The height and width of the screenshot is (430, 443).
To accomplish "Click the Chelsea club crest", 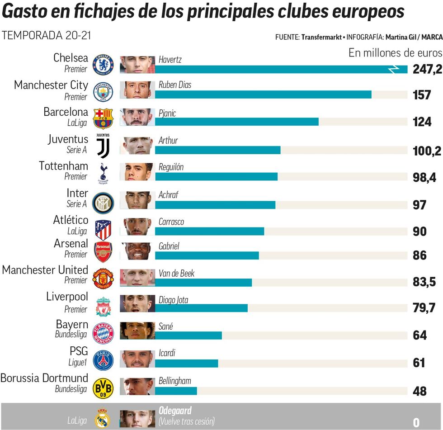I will click(103, 65).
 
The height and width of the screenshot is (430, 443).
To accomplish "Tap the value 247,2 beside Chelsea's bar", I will click(427, 70).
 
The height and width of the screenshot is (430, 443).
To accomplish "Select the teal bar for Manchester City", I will click(263, 95).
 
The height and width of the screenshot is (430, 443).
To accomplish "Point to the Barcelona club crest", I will click(103, 118).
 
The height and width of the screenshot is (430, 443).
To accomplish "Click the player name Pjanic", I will click(167, 113).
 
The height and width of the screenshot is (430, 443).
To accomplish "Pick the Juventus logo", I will click(103, 145).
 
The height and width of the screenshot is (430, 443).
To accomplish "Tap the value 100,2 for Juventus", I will click(427, 151).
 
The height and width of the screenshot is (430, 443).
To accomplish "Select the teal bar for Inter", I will click(215, 205).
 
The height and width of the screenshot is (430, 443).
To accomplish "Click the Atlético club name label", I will click(71, 220).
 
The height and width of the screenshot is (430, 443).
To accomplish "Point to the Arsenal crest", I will click(103, 252).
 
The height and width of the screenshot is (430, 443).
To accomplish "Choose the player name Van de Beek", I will click(177, 274).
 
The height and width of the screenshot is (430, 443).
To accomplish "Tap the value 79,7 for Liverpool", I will click(424, 308).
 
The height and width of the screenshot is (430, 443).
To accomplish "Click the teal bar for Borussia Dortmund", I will click(176, 391).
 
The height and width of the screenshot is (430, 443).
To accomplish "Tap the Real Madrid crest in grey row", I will click(102, 418).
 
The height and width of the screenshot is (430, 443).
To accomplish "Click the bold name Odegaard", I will click(175, 411).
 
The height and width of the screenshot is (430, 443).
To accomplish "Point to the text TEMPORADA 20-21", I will click(46, 35).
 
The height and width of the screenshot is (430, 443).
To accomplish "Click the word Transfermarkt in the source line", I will click(321, 37).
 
